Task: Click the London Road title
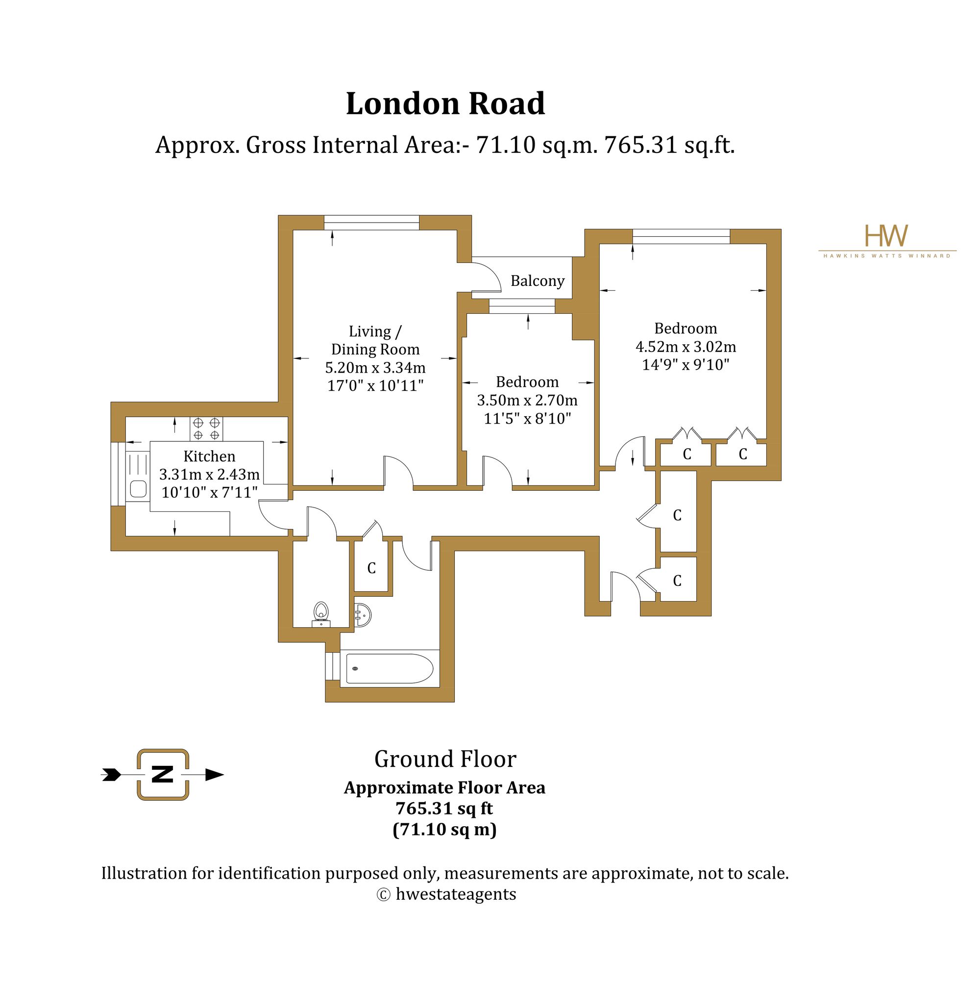pyautogui.click(x=445, y=104)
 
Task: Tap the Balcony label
pyautogui.click(x=538, y=281)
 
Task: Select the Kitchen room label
pyautogui.click(x=209, y=456)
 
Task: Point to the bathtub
pyautogui.click(x=390, y=669)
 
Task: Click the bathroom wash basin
pyautogui.click(x=363, y=614)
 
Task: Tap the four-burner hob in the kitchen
pyautogui.click(x=206, y=429)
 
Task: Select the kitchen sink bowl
pyautogui.click(x=138, y=489)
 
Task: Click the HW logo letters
pyautogui.click(x=886, y=235)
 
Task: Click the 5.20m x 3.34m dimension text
pyautogui.click(x=375, y=368)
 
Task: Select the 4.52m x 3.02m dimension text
pyautogui.click(x=686, y=347)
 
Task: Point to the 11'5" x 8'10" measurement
pyautogui.click(x=527, y=419)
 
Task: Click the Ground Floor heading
pyautogui.click(x=445, y=759)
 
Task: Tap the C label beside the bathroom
pyautogui.click(x=371, y=568)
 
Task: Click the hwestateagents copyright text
pyautogui.click(x=446, y=894)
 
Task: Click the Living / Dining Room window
pyautogui.click(x=371, y=223)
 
